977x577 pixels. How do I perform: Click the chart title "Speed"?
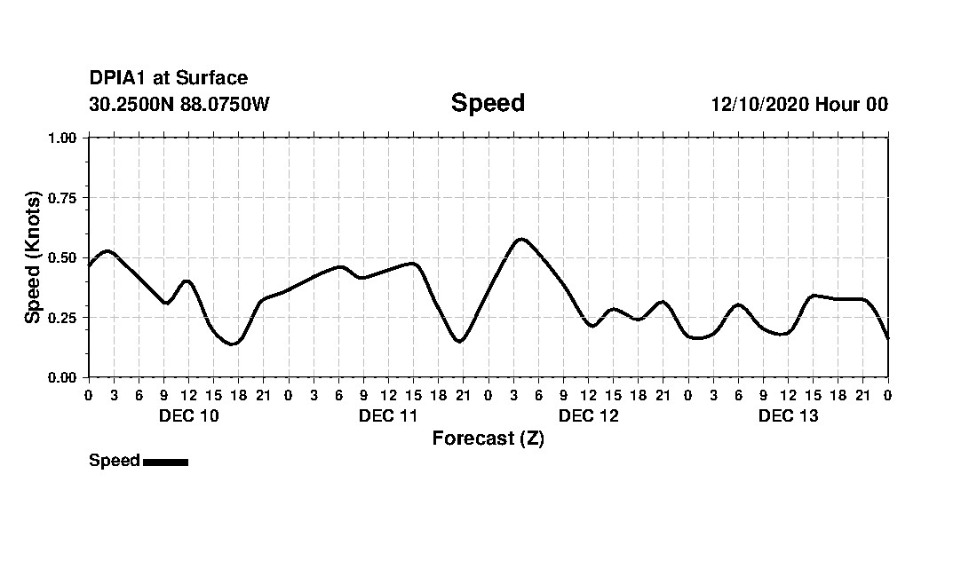click(x=488, y=103)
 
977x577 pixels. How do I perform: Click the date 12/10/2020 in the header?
click(x=759, y=104)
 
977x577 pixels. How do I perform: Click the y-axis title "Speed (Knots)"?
click(x=33, y=257)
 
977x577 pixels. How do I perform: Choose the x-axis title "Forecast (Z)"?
click(x=488, y=439)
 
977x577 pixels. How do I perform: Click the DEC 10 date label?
click(x=188, y=415)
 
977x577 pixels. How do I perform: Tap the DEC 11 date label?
click(x=388, y=415)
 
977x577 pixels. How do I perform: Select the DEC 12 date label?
click(x=588, y=415)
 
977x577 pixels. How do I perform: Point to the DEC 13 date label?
click(x=788, y=415)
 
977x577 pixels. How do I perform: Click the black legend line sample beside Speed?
click(x=165, y=462)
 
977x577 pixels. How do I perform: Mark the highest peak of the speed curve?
click(x=521, y=239)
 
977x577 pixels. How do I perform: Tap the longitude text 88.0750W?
click(x=225, y=104)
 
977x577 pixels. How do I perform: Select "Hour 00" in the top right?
click(x=852, y=104)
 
